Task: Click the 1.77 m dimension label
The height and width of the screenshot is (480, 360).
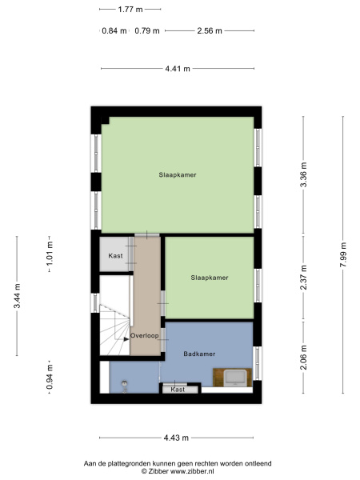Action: pyautogui.click(x=130, y=10)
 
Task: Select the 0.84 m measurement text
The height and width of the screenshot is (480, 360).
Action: pyautogui.click(x=114, y=31)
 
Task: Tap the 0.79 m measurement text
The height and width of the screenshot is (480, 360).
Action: pyautogui.click(x=147, y=31)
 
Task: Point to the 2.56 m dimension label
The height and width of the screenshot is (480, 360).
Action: pyautogui.click(x=210, y=31)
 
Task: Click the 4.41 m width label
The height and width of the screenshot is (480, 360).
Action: pyautogui.click(x=178, y=69)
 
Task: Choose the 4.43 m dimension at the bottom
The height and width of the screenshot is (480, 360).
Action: pyautogui.click(x=176, y=438)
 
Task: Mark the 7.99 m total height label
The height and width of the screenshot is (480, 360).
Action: pyautogui.click(x=343, y=254)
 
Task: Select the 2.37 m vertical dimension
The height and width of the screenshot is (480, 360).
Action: pyautogui.click(x=303, y=278)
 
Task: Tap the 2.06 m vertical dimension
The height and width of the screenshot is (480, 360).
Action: pyautogui.click(x=303, y=358)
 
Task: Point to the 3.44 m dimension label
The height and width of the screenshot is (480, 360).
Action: pyautogui.click(x=17, y=296)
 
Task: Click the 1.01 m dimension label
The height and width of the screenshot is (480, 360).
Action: pyautogui.click(x=50, y=254)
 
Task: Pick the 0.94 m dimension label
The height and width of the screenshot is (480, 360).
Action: pyautogui.click(x=50, y=377)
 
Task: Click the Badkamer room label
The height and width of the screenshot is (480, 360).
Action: pyautogui.click(x=199, y=354)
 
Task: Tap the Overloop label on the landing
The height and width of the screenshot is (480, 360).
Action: pyautogui.click(x=145, y=336)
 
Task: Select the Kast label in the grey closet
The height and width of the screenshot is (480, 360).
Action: pyautogui.click(x=115, y=256)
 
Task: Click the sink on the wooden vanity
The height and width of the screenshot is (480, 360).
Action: pyautogui.click(x=234, y=378)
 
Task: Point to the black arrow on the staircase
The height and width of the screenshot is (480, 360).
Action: pyautogui.click(x=126, y=339)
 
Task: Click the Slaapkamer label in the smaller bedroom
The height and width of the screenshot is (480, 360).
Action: pyautogui.click(x=210, y=278)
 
